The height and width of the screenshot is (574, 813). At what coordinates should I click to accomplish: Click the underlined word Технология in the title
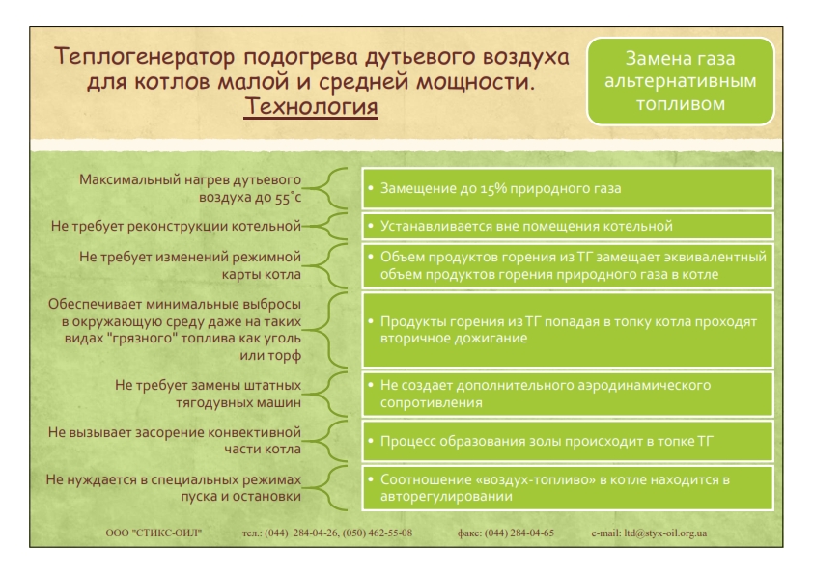click(x=311, y=107)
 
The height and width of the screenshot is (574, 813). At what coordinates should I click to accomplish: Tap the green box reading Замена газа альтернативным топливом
click(x=681, y=81)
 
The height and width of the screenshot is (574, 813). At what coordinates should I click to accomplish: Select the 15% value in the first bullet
click(x=493, y=188)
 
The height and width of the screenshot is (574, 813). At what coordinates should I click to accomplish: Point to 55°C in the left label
click(x=288, y=198)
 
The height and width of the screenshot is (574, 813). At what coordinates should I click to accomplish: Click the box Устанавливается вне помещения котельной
click(x=568, y=227)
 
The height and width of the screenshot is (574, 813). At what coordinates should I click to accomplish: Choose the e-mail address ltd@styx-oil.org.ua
click(x=665, y=533)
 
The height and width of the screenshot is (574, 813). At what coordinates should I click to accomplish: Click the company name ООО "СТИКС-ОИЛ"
click(x=154, y=533)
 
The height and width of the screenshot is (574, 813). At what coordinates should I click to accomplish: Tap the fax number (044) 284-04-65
click(x=519, y=533)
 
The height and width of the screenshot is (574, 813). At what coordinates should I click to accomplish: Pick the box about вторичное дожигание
click(x=568, y=330)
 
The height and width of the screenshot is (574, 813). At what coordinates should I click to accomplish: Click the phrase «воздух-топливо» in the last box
click(x=539, y=479)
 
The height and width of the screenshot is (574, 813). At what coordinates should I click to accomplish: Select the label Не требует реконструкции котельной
click(x=176, y=227)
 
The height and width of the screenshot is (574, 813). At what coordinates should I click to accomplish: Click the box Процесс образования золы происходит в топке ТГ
click(x=568, y=442)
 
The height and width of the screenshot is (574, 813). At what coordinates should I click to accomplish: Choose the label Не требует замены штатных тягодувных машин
click(x=208, y=394)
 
